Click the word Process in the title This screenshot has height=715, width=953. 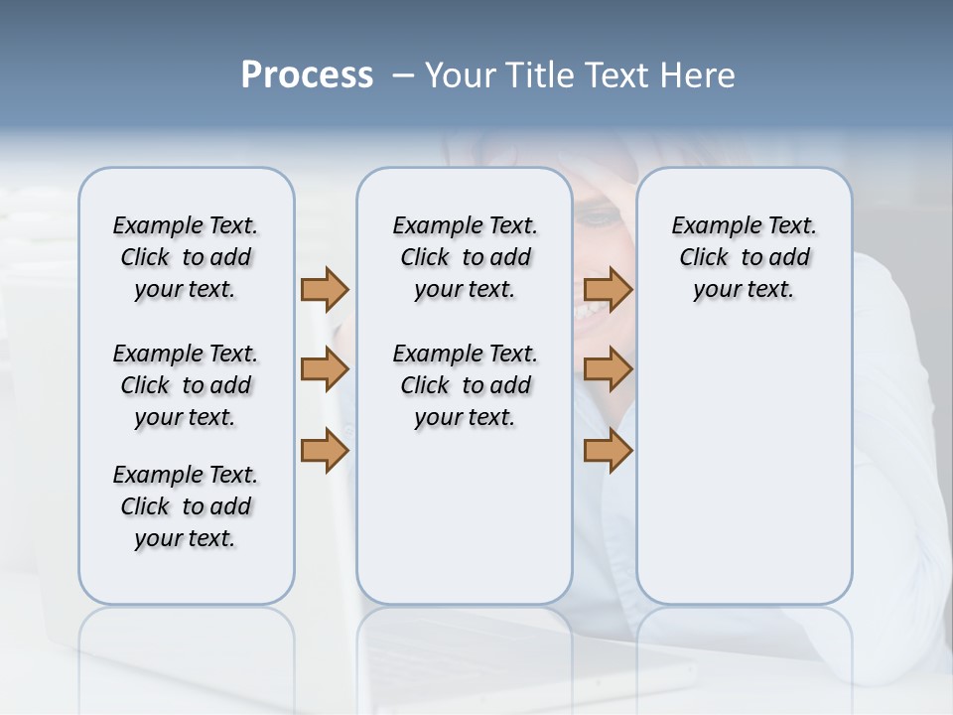307,75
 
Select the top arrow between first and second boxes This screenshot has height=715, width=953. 325,289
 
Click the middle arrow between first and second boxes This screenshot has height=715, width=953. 325,370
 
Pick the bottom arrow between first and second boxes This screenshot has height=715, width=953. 325,451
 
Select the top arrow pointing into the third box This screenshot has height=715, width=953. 609,289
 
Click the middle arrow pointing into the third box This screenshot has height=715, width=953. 609,370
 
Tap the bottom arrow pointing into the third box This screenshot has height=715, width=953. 609,451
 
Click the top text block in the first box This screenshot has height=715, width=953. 186,257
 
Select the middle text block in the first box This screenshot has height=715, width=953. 186,385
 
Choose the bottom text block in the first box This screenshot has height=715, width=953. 186,506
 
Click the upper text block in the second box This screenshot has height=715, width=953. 465,257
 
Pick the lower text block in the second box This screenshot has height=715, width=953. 465,385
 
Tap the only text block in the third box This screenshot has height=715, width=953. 744,257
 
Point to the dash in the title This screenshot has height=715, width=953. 403,75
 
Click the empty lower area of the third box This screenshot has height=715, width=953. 744,477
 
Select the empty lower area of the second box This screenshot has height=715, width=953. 465,516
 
